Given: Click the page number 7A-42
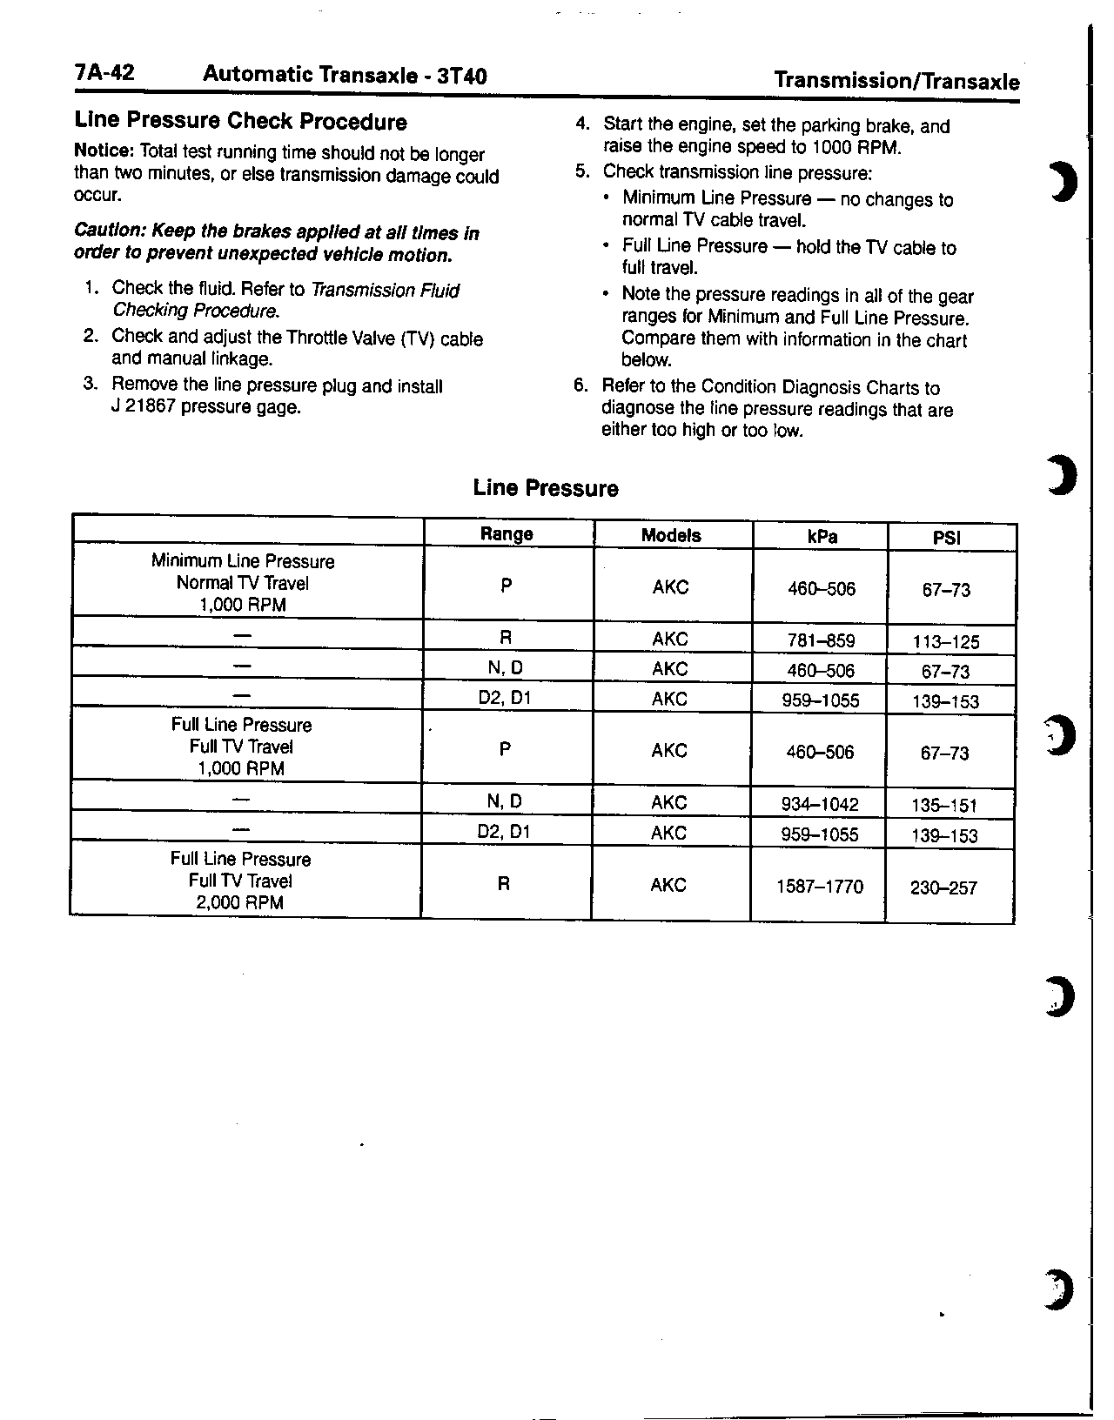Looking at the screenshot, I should tap(104, 73).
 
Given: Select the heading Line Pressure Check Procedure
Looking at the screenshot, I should tap(240, 122).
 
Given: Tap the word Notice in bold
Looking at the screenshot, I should tap(104, 151).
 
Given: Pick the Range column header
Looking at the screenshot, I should tap(507, 534).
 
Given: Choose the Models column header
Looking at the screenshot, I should tap(671, 535).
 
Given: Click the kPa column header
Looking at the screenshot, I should tap(822, 537).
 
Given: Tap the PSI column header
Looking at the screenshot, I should tap(946, 538).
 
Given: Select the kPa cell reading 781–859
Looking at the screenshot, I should tap(820, 641).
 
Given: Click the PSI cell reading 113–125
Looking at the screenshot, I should tap(946, 643).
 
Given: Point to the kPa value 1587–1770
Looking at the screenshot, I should tap(820, 887).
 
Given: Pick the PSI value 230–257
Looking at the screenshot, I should tap(943, 888).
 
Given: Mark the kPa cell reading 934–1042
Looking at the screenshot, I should tap(820, 804).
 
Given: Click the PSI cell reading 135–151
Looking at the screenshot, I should tap(944, 806).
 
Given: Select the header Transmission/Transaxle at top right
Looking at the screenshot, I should tap(896, 82).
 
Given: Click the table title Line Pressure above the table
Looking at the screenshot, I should tap(546, 489).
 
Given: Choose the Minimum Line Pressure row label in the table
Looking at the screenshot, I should tap(243, 561).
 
